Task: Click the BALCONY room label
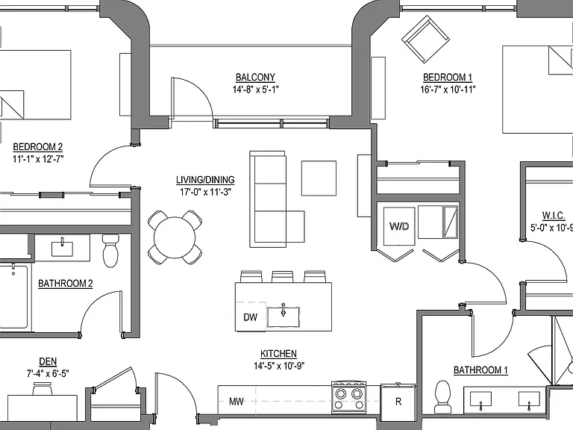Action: click(255, 78)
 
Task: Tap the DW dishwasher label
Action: click(251, 317)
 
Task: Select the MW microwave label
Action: click(236, 402)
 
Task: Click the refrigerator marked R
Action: click(398, 400)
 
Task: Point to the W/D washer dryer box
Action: click(399, 226)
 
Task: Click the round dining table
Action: click(175, 237)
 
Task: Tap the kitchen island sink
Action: click(284, 317)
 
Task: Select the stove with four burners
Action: click(349, 397)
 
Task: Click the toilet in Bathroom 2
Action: click(110, 251)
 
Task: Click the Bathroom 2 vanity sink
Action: click(62, 249)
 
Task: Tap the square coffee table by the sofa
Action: click(319, 178)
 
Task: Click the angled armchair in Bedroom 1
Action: click(425, 39)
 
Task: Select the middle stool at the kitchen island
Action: click(283, 276)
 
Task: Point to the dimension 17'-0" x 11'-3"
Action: click(205, 192)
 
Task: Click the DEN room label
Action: click(48, 361)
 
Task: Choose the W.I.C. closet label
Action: click(554, 216)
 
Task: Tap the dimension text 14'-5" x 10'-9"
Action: click(279, 366)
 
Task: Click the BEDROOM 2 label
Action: click(37, 147)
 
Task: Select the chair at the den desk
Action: click(43, 389)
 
